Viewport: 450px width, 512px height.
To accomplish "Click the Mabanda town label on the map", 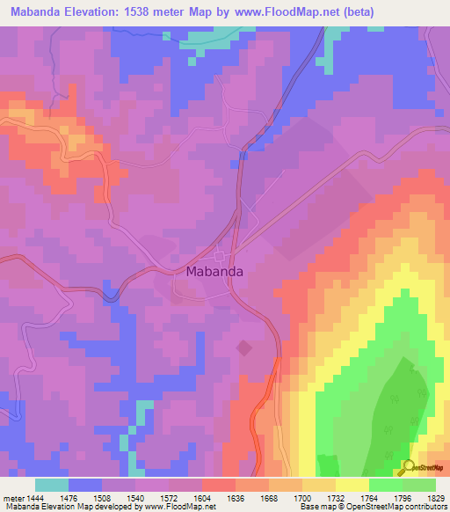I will click(214, 272).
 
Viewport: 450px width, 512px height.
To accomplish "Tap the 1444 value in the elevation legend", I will click(34, 499).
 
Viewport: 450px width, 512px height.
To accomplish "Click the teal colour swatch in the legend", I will click(52, 485).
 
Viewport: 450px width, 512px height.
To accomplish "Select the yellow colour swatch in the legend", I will click(352, 485).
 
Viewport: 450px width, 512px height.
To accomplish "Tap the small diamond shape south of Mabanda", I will click(243, 348).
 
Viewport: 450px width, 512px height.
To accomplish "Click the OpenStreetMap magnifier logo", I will click(408, 467).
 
